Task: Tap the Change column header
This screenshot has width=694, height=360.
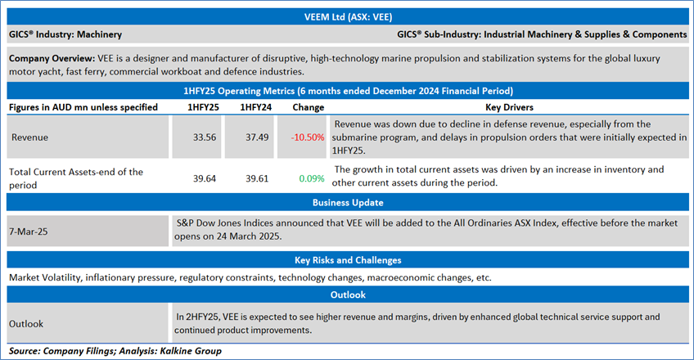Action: (302, 107)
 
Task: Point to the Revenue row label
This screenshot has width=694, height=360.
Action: (29, 137)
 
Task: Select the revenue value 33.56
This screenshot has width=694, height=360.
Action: (203, 137)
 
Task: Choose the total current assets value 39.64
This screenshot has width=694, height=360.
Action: (203, 177)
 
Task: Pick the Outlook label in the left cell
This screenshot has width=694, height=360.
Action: (26, 323)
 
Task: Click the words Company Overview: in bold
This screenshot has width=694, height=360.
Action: (51, 60)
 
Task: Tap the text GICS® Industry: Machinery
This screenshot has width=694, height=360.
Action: (65, 35)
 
